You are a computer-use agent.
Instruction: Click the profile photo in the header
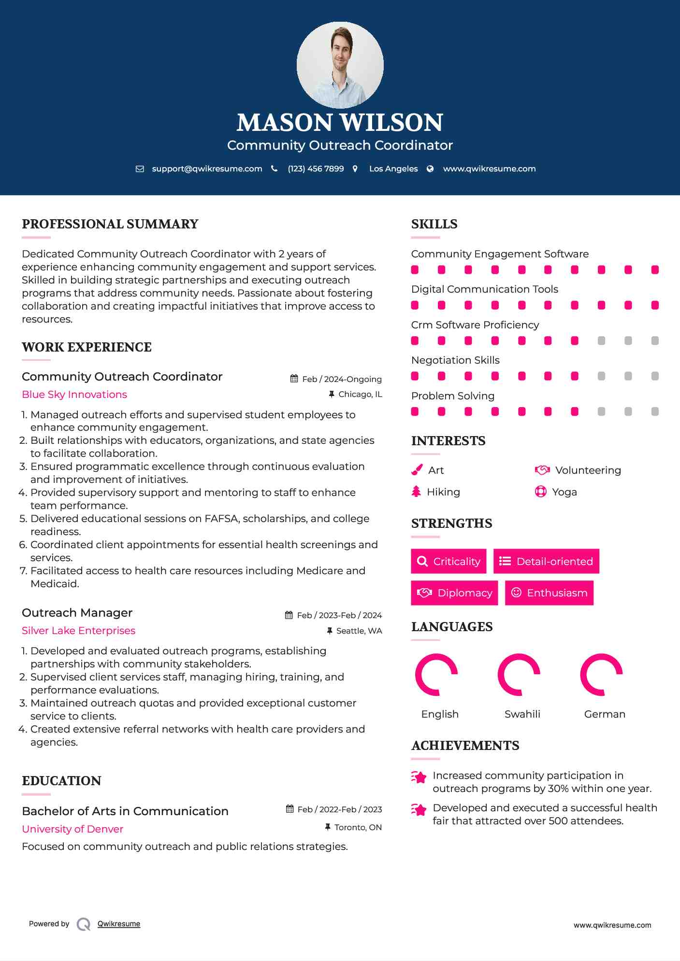coord(340,65)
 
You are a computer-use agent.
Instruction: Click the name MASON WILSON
coord(340,123)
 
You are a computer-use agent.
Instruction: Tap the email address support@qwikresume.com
coord(207,169)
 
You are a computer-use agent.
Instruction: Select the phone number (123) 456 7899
coord(316,169)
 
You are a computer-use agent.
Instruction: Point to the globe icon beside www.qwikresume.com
coord(430,169)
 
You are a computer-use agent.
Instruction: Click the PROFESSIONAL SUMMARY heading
coord(110,224)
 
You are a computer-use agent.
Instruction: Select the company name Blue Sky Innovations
coord(74,395)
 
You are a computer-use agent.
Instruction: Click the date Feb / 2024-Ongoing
coord(342,379)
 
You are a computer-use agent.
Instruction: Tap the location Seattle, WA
coord(359,631)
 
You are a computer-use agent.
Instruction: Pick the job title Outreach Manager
coord(77,613)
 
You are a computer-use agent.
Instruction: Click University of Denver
coord(72,829)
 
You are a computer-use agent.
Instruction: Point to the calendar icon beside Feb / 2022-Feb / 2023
coord(290,809)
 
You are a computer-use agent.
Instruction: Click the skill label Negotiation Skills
coord(455,360)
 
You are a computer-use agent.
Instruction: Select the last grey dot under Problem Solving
coord(655,411)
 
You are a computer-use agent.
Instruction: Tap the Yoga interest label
coord(564,492)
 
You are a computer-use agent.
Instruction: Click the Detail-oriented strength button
coord(546,561)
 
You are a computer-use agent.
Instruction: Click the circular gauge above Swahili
coord(519,675)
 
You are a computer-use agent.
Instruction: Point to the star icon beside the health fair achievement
coord(419,809)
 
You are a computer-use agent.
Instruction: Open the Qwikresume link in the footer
coord(119,924)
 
